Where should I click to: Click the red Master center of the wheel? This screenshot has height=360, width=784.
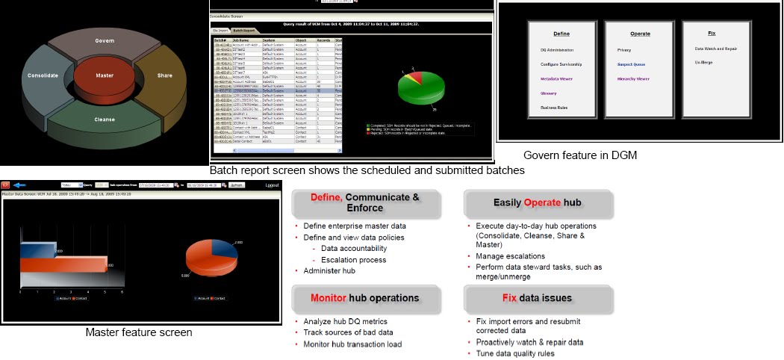tap(104, 76)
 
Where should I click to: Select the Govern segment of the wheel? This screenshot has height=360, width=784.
tap(105, 41)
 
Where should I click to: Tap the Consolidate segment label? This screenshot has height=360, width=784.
tap(43, 75)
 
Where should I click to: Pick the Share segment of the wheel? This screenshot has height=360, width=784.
tap(164, 75)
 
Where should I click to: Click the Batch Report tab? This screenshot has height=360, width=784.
tap(243, 31)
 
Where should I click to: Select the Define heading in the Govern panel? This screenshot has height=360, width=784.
tap(561, 34)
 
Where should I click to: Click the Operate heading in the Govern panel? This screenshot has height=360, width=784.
tap(639, 34)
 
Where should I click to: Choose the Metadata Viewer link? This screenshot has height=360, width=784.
tap(557, 78)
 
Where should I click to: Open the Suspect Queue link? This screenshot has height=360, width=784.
tap(631, 64)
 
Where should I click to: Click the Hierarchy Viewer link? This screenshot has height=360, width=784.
tap(633, 78)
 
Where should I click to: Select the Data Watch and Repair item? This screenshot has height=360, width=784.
tap(716, 49)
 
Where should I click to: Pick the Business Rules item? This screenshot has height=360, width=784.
tap(554, 108)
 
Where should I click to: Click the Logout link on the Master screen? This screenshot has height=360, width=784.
tap(273, 184)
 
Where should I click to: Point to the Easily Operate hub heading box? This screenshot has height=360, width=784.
tap(538, 202)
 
